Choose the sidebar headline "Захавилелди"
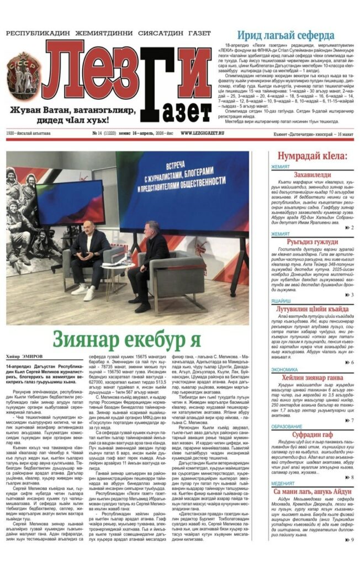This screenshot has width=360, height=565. tap(312, 174)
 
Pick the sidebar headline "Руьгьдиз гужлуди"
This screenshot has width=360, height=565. tap(312, 241)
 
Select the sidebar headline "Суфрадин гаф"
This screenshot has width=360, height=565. tap(312, 435)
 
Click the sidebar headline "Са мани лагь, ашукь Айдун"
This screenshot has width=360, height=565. tap(312, 491)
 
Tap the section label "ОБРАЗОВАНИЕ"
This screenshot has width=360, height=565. tap(287, 427)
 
